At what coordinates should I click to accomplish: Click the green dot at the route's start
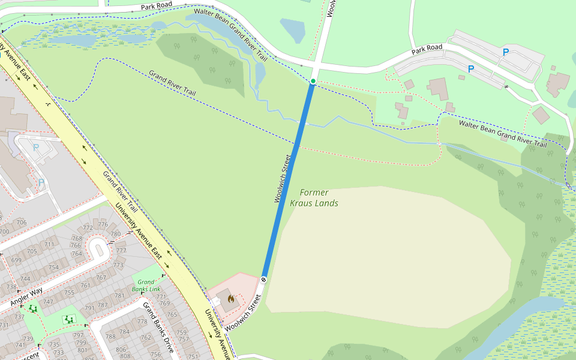coord(313,81)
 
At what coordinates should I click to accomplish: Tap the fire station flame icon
coord(230,298)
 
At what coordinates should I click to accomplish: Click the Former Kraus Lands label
coord(314,198)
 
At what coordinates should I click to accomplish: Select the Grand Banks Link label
coord(149,285)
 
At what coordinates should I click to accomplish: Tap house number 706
coord(21,223)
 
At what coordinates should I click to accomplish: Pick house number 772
coord(88,227)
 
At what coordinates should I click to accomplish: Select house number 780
coord(115,234)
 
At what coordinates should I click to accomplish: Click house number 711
coord(49,245)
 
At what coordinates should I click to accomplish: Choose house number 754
coord(54,267)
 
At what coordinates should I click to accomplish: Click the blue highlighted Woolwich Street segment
coord(288,180)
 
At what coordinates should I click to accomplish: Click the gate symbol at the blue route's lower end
coord(264,279)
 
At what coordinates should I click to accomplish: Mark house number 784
coord(124,331)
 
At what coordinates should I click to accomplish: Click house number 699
coord(16,260)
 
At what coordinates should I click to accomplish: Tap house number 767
coord(101,277)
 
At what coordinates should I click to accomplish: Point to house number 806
coord(121,349)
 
